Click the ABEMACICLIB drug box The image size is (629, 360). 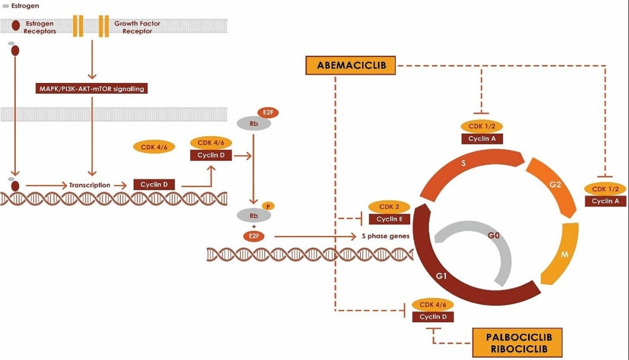point(350,65)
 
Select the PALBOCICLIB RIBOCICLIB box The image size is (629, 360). point(517,342)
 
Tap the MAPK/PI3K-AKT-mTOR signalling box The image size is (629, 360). point(91,89)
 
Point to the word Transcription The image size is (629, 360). point(90,185)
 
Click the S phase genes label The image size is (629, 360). point(386,236)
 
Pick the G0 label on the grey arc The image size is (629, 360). point(493,235)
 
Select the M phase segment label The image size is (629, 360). point(564,254)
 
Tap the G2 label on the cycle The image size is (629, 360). point(555,185)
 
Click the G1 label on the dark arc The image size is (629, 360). point(441,276)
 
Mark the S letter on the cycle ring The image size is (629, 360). point(464,163)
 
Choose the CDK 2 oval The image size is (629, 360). point(389,207)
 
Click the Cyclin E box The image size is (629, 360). point(389,219)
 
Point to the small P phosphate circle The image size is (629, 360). point(268,207)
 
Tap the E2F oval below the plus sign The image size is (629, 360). point(254,236)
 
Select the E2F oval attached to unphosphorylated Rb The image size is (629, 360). point(268,113)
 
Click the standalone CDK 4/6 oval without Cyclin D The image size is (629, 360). point(154,147)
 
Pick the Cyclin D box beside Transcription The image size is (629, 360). point(154,185)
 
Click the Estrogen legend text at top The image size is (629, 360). point(25,6)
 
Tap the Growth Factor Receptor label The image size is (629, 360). point(137,27)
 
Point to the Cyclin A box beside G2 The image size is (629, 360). point(606,201)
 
